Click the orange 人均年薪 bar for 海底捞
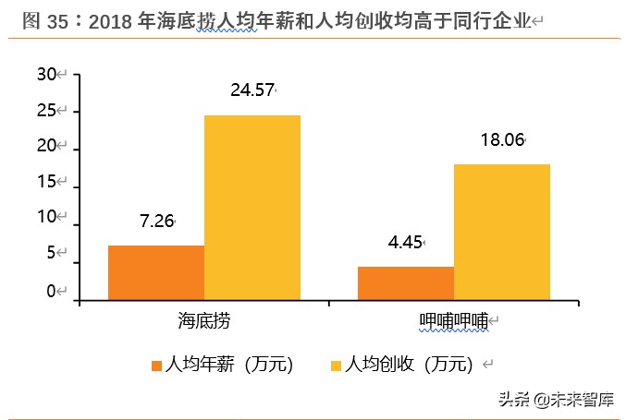[x=156, y=272]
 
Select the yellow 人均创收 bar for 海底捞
[x=252, y=207]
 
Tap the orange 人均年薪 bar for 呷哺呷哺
[x=406, y=282]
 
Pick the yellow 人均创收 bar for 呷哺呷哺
[x=502, y=232]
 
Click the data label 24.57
[x=252, y=90]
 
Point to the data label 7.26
[x=156, y=222]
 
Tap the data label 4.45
[x=405, y=243]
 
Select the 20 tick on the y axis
[x=47, y=149]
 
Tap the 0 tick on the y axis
[x=52, y=292]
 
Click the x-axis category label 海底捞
[x=204, y=320]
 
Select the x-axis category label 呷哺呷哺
[x=453, y=320]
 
